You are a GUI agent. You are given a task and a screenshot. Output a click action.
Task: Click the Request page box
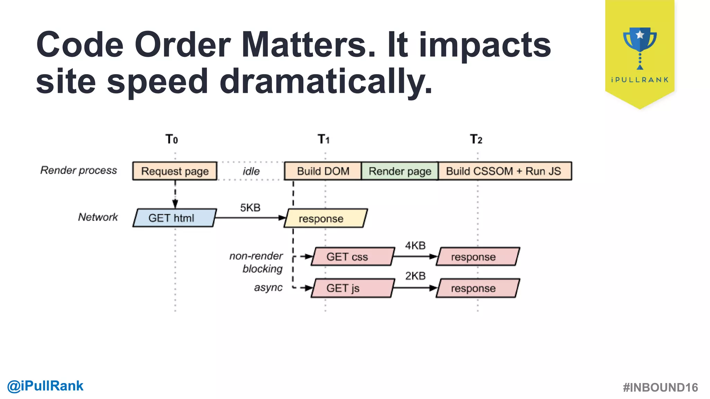coord(175,171)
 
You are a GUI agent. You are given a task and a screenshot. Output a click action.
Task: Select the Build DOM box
coord(323,171)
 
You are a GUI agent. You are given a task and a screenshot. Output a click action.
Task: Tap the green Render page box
coord(400,171)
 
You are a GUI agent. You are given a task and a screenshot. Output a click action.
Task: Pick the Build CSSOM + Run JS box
coord(504,171)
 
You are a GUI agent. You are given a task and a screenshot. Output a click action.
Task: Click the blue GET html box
coord(174,218)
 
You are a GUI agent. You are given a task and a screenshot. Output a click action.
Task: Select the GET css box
coord(353,257)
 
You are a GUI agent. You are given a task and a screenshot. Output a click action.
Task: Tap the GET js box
coord(353,288)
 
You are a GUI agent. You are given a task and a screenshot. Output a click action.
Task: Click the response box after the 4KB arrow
coord(477,257)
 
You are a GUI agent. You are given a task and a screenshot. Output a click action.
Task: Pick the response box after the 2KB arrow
coord(477,288)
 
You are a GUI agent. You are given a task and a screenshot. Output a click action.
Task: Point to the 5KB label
coord(250,207)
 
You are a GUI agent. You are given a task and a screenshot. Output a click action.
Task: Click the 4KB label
coord(415,246)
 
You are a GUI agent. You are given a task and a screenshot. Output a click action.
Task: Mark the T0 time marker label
coord(172,139)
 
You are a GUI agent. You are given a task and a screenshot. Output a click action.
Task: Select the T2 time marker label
coord(476,139)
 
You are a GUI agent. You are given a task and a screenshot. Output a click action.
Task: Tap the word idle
coord(251,171)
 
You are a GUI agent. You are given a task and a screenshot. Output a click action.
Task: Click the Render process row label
coord(79,170)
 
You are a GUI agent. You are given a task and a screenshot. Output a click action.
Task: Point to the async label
coord(268,287)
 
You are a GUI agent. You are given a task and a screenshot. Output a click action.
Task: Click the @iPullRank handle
coord(45,386)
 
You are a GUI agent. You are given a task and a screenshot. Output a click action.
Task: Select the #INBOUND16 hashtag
coord(660,387)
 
